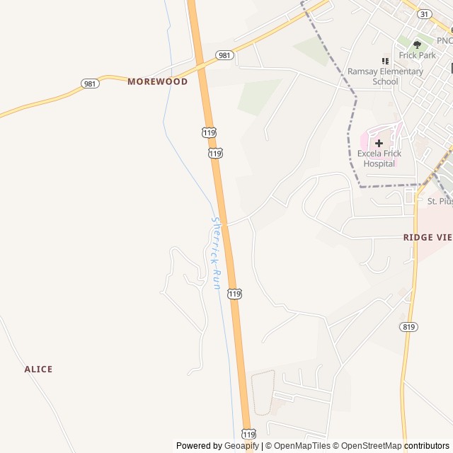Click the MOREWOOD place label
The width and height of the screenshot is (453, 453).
coord(157,81)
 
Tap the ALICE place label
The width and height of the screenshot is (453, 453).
coord(38,369)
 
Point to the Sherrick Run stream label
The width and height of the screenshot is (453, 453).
coord(217,252)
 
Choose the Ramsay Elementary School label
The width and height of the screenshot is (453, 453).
coord(385,76)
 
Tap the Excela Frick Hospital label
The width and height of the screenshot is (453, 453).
coord(379,159)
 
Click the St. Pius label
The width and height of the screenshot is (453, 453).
coord(440,201)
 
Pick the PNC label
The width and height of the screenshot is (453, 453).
coord(445,41)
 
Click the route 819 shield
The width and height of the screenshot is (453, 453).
coord(408,326)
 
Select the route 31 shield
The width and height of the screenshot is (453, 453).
coord(424,14)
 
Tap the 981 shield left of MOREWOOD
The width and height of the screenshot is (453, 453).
coord(91,84)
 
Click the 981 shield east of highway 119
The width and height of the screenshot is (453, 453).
coord(224,55)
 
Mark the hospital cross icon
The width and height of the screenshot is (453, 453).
coord(379,143)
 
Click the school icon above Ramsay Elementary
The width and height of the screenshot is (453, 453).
coord(385,62)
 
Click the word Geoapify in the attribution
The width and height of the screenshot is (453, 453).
coord(242,446)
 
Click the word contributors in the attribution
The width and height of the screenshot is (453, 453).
coord(428,446)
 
